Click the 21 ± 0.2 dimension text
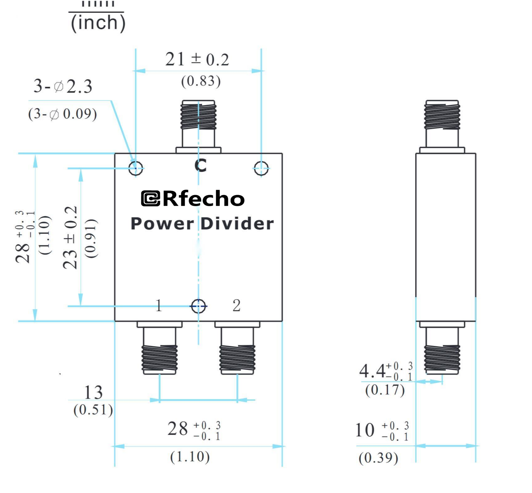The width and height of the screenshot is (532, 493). point(197,59)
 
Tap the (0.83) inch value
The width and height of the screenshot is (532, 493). point(201,81)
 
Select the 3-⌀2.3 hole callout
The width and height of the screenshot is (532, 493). point(63,86)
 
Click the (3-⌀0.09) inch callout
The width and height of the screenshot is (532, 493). point(63,114)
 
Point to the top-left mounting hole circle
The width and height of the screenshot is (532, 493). point(136,168)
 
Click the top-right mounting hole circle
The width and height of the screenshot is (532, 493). point(261,168)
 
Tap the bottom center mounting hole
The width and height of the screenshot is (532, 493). point(198,306)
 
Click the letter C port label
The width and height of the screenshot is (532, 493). point(200,166)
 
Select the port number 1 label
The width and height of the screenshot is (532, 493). point(158,306)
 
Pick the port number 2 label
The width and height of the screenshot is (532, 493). point(236,306)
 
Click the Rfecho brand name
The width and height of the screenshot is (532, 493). point(203,199)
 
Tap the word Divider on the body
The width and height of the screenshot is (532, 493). point(237,224)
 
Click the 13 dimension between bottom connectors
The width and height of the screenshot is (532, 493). point(93,392)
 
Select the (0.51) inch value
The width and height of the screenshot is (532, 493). point(93,410)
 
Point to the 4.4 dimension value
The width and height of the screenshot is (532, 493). point(372,371)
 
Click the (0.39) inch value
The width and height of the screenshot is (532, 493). point(378,458)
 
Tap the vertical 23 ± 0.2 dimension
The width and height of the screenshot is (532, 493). point(70,237)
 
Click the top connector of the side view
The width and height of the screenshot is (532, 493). point(442,123)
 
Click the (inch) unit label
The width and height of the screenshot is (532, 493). point(98,23)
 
